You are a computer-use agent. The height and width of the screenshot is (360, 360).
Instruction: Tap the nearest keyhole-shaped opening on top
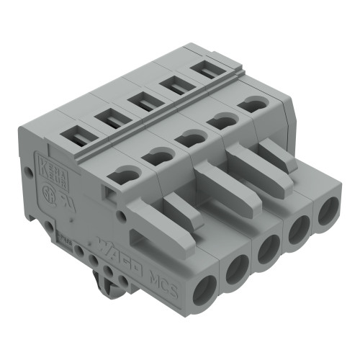point(122,171)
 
